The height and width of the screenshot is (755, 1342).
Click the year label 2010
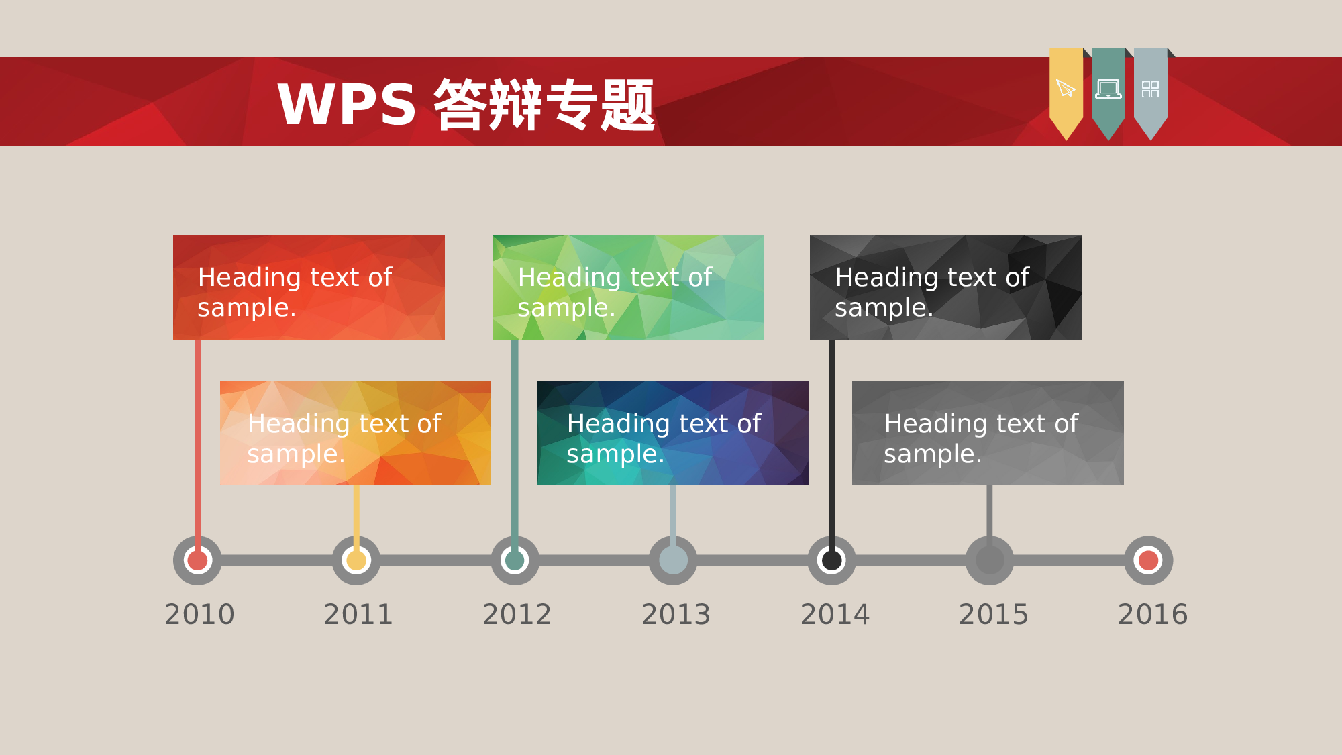199,614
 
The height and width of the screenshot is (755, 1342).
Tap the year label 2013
676,614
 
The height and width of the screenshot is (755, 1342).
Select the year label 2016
1152,614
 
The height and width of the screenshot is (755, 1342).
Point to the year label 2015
993,614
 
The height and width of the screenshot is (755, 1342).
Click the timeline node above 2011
356,560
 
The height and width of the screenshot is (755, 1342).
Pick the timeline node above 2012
515,560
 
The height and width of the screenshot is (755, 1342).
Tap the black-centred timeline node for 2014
832,560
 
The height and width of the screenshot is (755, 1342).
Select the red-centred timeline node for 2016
1148,560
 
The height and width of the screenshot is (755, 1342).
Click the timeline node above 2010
197,560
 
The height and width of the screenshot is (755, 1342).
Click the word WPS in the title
347,105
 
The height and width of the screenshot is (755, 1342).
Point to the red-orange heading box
309,287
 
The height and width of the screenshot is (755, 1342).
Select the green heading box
628,287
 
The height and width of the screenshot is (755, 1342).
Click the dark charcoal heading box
945,287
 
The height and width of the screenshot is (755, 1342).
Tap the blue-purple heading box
672,433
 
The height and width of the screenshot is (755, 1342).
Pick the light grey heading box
988,433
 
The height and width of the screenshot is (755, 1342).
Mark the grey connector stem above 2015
989,510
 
